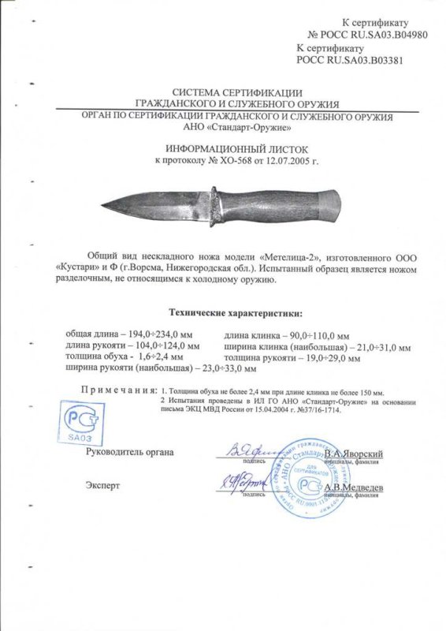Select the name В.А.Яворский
click(x=355, y=455)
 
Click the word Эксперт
click(x=103, y=484)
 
